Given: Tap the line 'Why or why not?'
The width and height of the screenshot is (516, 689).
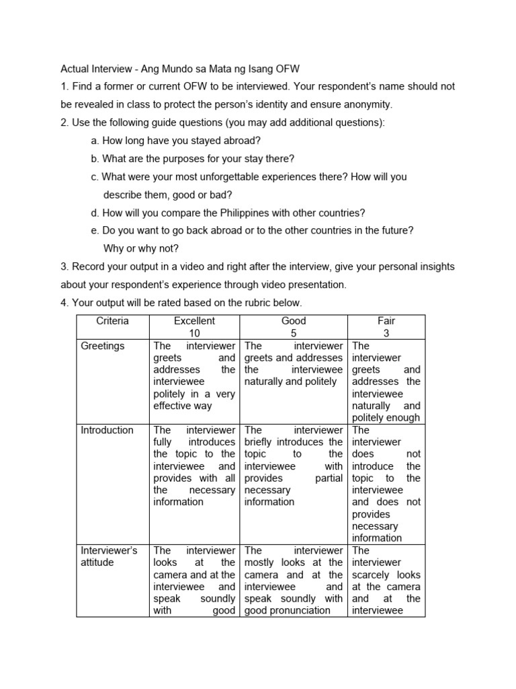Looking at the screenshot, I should click(141, 248).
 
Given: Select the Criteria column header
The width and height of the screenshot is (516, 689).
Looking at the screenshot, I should click(112, 321).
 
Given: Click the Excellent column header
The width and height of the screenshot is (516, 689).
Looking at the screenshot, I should click(194, 321).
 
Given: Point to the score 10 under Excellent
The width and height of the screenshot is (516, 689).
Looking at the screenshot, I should click(194, 333).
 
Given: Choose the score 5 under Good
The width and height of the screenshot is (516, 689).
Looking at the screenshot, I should click(294, 333).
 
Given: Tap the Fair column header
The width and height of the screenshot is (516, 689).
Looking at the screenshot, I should click(386, 321).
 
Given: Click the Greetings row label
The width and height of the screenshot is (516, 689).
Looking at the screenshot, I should click(102, 346).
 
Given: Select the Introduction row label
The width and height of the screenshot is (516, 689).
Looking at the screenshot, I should click(107, 430).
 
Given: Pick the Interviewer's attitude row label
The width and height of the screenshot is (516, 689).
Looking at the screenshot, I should click(109, 556).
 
